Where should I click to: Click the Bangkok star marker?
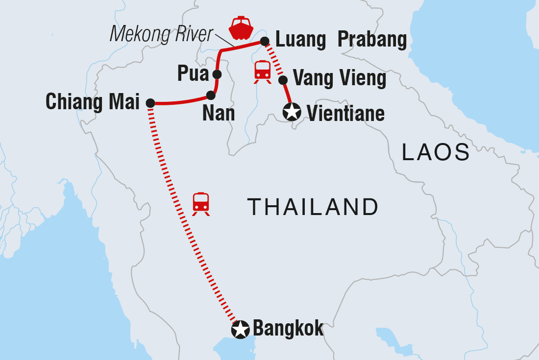pos(240,330)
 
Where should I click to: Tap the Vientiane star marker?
pos(292,113)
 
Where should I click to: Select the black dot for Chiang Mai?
pos(150,103)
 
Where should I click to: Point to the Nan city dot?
pos(211,95)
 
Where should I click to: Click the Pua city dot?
pos(217,74)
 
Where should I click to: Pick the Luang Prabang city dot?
pos(265,41)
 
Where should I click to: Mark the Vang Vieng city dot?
pos(282,80)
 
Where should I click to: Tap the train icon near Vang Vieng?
pos(263,71)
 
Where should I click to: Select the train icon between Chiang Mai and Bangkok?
pos(201,203)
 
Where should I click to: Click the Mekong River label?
pos(162,34)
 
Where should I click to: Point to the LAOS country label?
pos(436,153)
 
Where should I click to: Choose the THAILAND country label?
pos(313,207)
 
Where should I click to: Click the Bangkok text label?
pos(288,328)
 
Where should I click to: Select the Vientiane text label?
pos(345,114)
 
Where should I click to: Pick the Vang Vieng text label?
pos(339,78)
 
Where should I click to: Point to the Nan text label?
pos(218,114)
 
